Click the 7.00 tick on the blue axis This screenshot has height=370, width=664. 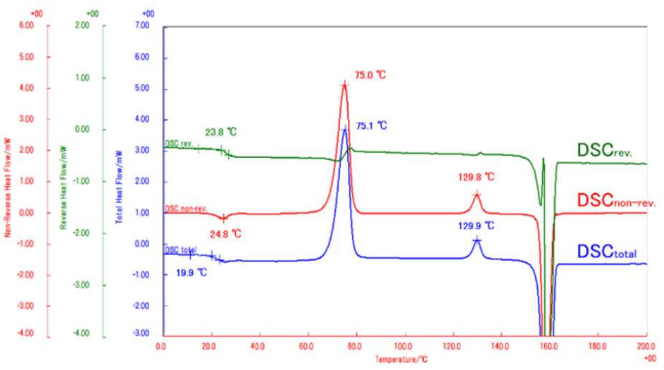coord(142,27)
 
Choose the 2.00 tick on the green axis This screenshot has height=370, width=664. coord(82,25)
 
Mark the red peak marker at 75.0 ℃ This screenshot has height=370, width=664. coord(344,85)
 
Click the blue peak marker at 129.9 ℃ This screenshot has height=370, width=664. coord(477,240)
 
